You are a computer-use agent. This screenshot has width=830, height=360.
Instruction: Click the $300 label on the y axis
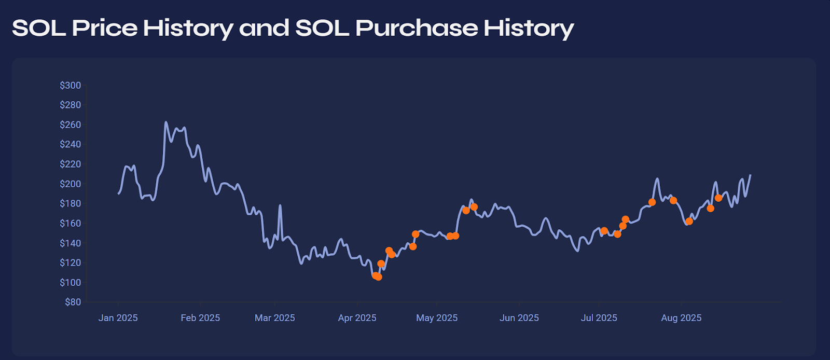pos(70,85)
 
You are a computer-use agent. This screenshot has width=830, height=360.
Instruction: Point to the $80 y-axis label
pos(73,302)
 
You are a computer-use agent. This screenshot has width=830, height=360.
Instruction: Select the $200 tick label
pos(70,184)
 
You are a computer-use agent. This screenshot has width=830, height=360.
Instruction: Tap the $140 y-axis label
pos(70,243)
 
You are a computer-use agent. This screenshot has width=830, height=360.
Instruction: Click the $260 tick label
pos(70,124)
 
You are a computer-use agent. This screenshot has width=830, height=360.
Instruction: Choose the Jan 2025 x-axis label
pos(118,318)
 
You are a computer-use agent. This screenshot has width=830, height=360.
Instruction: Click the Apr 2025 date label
pos(357,318)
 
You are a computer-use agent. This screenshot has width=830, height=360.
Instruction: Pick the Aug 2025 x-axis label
pos(681,318)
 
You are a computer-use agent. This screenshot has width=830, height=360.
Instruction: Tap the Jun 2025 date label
pos(519,318)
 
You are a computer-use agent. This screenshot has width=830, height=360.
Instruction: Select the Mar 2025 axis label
pos(274,318)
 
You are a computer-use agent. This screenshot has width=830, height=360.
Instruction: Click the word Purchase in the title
pos(416,28)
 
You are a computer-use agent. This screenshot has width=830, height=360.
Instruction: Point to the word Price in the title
pos(104,28)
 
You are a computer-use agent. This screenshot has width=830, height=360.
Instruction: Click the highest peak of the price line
pos(165,122)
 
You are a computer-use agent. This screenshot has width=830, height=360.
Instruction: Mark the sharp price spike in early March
pos(280,205)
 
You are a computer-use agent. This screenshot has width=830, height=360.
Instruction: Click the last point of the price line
pos(750,175)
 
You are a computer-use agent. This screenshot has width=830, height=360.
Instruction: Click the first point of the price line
pos(118,193)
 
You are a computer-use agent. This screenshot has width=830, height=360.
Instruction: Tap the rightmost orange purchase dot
pos(718,198)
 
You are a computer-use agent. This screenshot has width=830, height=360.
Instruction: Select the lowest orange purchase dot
pos(378,277)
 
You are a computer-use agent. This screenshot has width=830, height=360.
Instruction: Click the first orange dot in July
pos(604,231)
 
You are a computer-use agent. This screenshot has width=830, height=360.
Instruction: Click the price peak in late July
pos(657,179)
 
